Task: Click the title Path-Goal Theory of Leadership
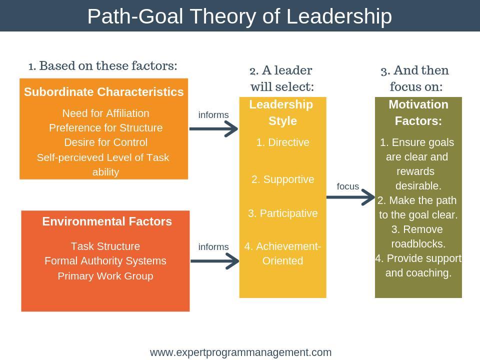(x=239, y=16)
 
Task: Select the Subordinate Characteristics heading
(x=104, y=92)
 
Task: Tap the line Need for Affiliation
(x=105, y=113)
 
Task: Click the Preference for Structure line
(x=105, y=127)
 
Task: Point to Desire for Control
(x=105, y=142)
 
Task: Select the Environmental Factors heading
(x=107, y=221)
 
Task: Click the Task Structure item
(x=105, y=246)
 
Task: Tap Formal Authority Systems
(x=105, y=261)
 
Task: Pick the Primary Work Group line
(x=105, y=276)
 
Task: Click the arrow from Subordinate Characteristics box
(x=213, y=129)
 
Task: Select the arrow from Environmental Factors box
(x=214, y=261)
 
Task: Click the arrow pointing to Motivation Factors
(x=350, y=197)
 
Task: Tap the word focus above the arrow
(x=348, y=186)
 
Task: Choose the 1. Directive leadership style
(x=282, y=142)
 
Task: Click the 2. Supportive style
(x=282, y=179)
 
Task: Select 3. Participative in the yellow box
(x=282, y=213)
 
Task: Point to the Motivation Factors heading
(x=418, y=112)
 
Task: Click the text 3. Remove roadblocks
(x=418, y=236)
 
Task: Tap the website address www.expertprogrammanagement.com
(x=240, y=352)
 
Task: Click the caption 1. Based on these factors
(x=103, y=66)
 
